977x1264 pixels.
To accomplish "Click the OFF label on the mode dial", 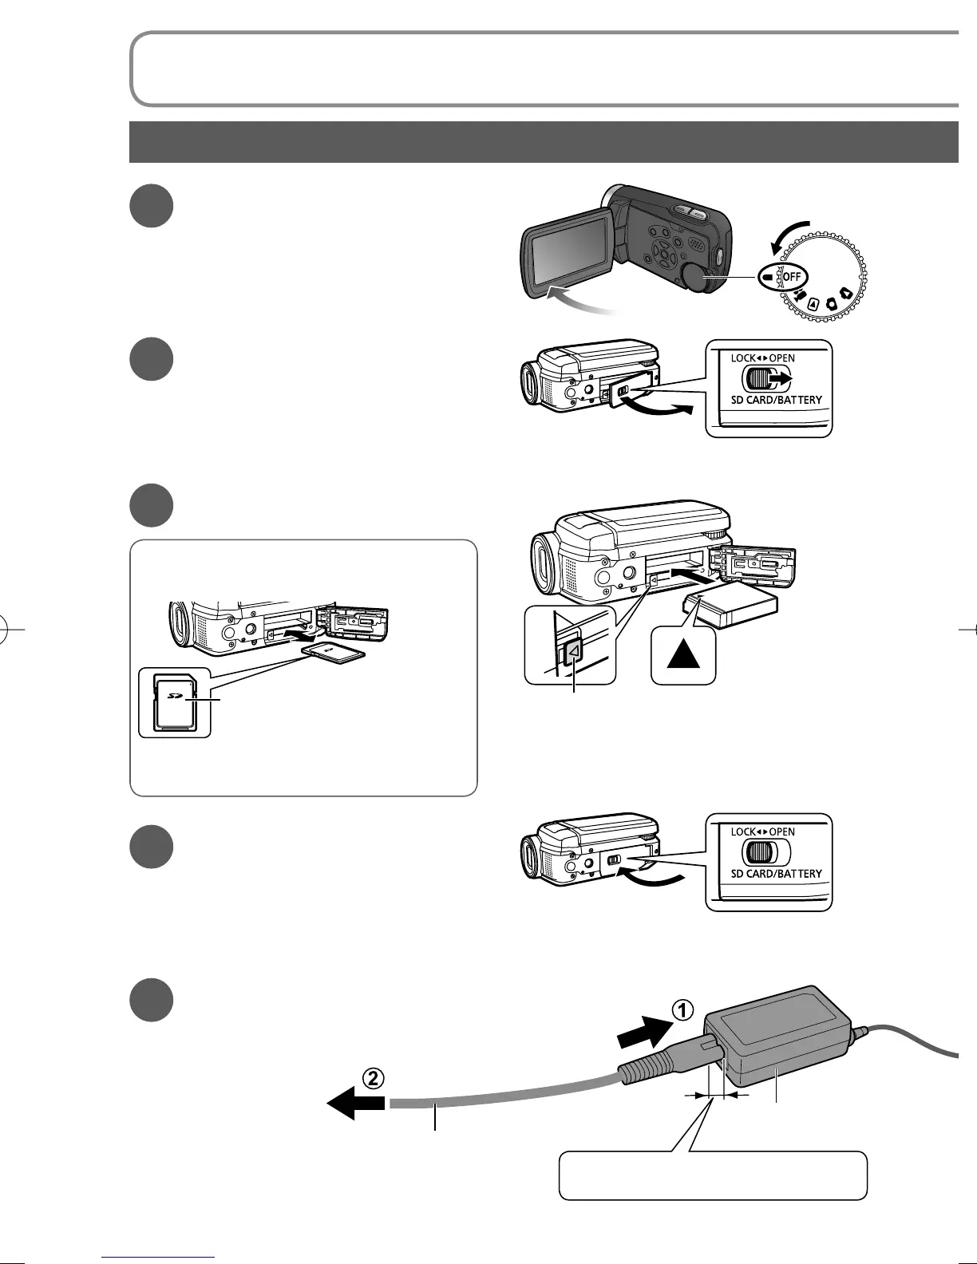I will pyautogui.click(x=793, y=276).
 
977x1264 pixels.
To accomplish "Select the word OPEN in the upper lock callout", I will pyautogui.click(x=781, y=358).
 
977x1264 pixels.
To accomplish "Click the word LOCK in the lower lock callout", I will pyautogui.click(x=743, y=831).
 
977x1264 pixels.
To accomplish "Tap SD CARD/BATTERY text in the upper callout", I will pyautogui.click(x=776, y=400).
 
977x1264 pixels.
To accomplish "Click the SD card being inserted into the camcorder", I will pyautogui.click(x=335, y=656).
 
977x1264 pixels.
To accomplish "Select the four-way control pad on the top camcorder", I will pyautogui.click(x=663, y=254).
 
